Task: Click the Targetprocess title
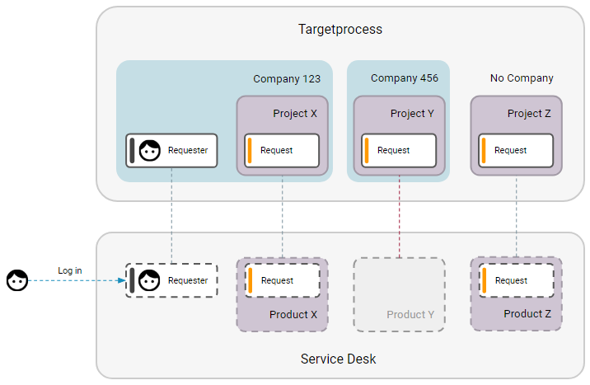coord(339,30)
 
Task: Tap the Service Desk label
coord(339,359)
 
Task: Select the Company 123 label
coord(287,79)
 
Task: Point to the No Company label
coord(522,78)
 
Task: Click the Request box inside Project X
coord(282,150)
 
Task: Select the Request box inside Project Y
coord(399,150)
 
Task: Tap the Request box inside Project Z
coord(516,150)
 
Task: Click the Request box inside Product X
coord(282,280)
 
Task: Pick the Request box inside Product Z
coord(516,280)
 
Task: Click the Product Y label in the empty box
coord(410,315)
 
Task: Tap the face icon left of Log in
coord(16,281)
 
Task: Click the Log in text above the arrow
coord(70,270)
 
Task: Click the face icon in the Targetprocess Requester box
coord(149,151)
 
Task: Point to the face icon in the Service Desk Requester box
coord(149,281)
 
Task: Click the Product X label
coord(293,315)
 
